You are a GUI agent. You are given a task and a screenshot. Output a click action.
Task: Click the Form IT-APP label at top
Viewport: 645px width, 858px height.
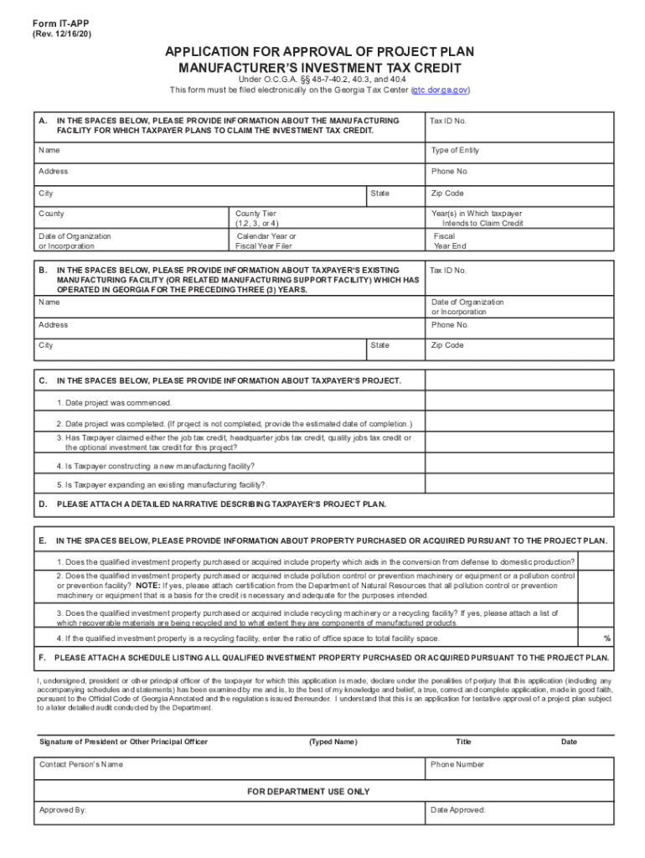coord(56,23)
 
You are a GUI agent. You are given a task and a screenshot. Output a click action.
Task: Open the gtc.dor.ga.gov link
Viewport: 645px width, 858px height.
coord(440,90)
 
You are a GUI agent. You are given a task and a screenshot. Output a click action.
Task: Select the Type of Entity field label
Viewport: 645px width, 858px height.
coord(455,151)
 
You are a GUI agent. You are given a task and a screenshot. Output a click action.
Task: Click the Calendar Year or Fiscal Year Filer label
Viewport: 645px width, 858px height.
coord(266,241)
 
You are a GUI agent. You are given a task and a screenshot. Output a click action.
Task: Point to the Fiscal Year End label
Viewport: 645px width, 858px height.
coord(449,241)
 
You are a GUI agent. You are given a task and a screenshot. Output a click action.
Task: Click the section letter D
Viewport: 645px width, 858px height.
coord(42,504)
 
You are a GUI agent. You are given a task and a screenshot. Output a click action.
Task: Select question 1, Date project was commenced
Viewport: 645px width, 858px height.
coord(114,403)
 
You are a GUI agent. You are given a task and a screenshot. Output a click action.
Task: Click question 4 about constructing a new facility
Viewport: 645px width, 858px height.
coord(156,466)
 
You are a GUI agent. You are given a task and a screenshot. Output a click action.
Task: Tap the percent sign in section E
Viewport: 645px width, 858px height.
coord(606,638)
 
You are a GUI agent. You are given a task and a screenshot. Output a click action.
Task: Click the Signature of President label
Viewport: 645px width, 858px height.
coord(124,742)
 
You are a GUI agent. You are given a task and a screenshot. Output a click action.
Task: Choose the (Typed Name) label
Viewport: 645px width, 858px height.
coord(333,742)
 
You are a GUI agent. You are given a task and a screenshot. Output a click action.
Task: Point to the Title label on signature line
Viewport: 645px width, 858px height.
coord(463,742)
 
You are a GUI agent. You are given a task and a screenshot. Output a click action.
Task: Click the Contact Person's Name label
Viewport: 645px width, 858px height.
coord(81,764)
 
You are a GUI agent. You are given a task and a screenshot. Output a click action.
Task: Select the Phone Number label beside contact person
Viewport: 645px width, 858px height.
coord(457,764)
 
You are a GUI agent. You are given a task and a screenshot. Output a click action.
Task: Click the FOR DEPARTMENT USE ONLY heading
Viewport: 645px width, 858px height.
coord(308,791)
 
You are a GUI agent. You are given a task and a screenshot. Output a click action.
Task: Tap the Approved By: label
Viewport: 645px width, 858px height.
coord(63,810)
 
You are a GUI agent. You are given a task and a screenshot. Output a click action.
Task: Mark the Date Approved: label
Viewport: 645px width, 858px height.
coord(458,810)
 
